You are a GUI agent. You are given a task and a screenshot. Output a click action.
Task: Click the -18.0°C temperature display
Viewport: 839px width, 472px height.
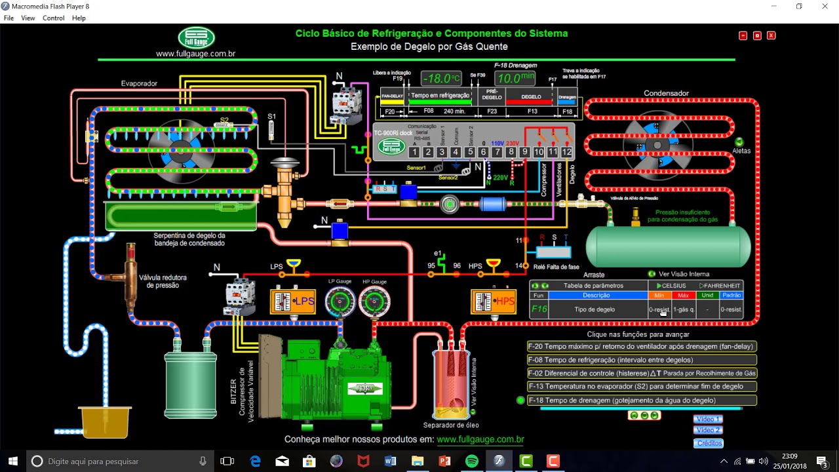[x=441, y=79]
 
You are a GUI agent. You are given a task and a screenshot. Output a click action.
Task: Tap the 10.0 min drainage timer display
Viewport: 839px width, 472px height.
[x=515, y=79]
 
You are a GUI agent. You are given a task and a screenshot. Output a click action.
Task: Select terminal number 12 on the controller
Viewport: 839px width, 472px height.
[x=566, y=152]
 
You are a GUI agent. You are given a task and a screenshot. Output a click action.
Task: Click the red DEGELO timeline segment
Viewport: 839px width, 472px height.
[x=531, y=97]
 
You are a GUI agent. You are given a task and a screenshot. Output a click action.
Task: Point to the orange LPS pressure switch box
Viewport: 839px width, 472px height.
[x=292, y=302]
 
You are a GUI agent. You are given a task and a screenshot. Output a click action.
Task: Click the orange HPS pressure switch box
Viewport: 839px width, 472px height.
[x=493, y=302]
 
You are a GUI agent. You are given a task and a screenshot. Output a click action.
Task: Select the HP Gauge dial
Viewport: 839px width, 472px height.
[x=374, y=302]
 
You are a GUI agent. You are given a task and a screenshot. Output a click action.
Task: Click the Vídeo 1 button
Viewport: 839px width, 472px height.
[x=708, y=420]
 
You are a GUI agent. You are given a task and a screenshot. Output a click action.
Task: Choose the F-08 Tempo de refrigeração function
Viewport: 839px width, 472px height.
[x=642, y=360]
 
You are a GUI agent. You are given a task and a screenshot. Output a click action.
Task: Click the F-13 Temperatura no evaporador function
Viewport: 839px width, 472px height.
[x=642, y=387]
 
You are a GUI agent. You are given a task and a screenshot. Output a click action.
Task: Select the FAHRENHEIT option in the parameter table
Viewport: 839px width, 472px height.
[x=720, y=286]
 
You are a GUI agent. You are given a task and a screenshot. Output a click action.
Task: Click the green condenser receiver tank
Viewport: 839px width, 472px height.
[x=668, y=246]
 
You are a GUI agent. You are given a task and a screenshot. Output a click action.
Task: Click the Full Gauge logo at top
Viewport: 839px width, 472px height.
[x=196, y=38]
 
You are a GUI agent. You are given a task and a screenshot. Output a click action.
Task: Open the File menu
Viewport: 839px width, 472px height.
[x=9, y=18]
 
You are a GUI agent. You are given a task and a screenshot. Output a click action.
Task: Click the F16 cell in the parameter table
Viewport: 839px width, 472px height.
[x=539, y=309]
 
